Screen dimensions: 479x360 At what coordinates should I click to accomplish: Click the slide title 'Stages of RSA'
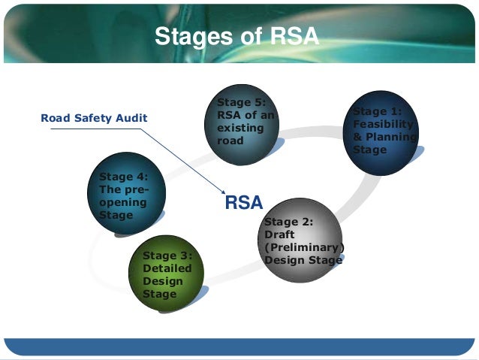(x=236, y=36)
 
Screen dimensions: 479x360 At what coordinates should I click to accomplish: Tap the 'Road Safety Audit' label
(x=94, y=118)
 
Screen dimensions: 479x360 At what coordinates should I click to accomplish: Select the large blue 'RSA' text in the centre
(x=243, y=202)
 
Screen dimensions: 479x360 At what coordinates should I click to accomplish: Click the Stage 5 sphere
(x=242, y=124)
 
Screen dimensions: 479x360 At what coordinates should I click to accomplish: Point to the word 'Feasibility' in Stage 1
(x=382, y=125)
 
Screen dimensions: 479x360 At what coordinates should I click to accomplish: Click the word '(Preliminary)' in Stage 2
(x=303, y=247)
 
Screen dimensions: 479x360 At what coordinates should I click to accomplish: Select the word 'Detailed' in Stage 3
(x=167, y=268)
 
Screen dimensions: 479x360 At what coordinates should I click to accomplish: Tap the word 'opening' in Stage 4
(x=119, y=203)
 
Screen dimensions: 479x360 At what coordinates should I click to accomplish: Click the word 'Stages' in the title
(x=184, y=36)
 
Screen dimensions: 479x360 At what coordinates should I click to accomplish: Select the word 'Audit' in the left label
(x=132, y=118)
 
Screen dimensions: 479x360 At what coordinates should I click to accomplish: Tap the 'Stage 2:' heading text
(x=288, y=222)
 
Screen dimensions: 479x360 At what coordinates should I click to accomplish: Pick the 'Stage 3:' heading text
(x=167, y=256)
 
